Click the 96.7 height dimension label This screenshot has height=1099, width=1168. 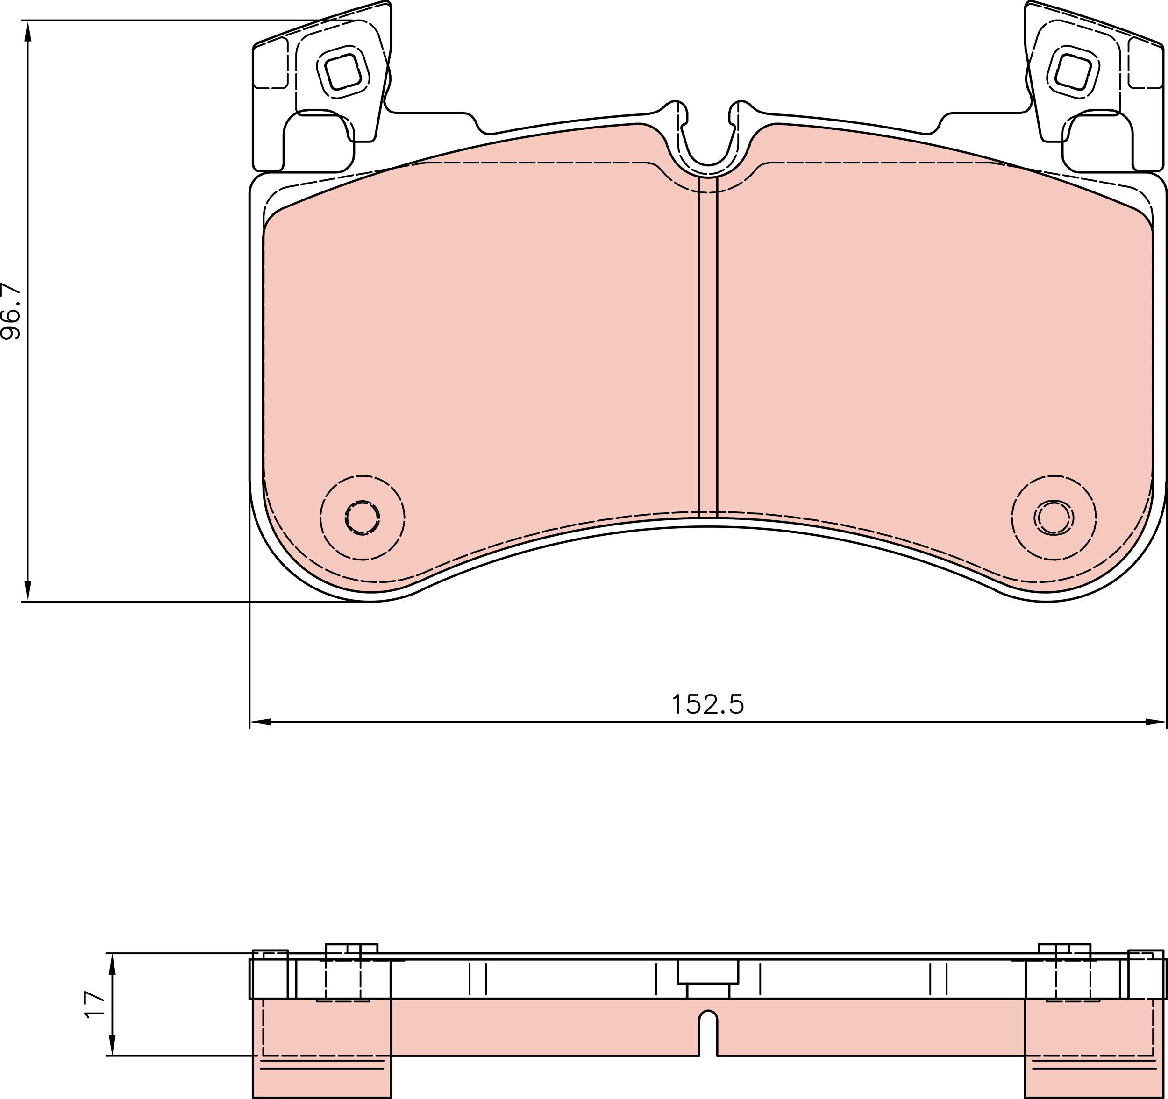[12, 312]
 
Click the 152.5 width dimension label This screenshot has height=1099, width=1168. [707, 704]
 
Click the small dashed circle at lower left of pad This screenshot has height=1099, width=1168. [362, 518]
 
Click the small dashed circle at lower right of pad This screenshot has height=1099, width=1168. [1054, 518]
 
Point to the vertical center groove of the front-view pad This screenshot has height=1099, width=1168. [708, 347]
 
